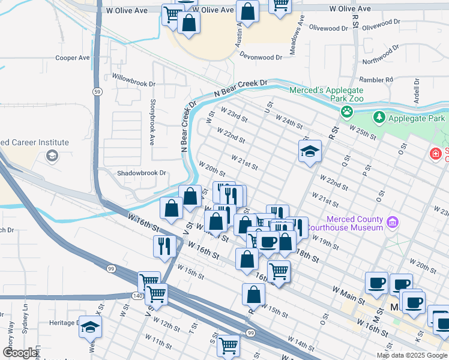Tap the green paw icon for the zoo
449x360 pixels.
click(347, 111)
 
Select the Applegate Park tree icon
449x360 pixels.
click(378, 118)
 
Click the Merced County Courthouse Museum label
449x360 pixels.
click(355, 223)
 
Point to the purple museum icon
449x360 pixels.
click(393, 223)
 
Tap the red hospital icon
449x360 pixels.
click(436, 154)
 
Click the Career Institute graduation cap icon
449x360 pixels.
click(52, 156)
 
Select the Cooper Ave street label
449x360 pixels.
click(72, 58)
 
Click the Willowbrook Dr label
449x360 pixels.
click(134, 77)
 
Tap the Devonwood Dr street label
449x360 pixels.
click(260, 58)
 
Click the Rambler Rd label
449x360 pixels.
click(376, 79)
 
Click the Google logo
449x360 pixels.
click(20, 353)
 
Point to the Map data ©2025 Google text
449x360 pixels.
click(412, 355)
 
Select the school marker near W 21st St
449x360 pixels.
click(310, 152)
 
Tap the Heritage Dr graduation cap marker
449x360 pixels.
click(90, 328)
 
